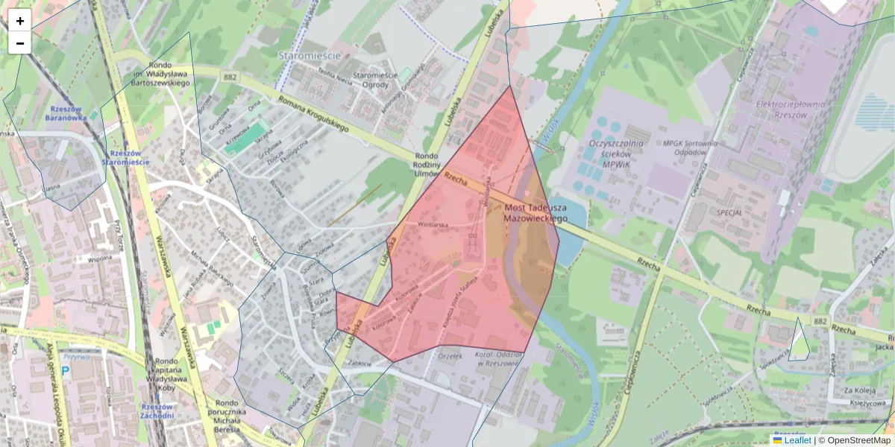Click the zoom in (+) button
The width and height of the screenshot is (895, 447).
[x=20, y=21]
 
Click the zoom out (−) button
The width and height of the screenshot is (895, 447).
[x=20, y=43]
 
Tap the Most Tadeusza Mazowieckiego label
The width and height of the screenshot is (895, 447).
[x=536, y=213]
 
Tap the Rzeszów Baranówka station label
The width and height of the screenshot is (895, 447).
[x=66, y=112]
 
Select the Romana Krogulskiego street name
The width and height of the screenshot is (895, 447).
[x=313, y=115]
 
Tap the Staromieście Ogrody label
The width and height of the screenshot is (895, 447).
[x=375, y=80]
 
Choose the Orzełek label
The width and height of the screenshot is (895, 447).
[x=450, y=355]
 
